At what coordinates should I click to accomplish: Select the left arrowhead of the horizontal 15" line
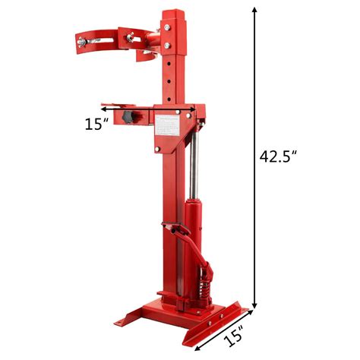[122, 109]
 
